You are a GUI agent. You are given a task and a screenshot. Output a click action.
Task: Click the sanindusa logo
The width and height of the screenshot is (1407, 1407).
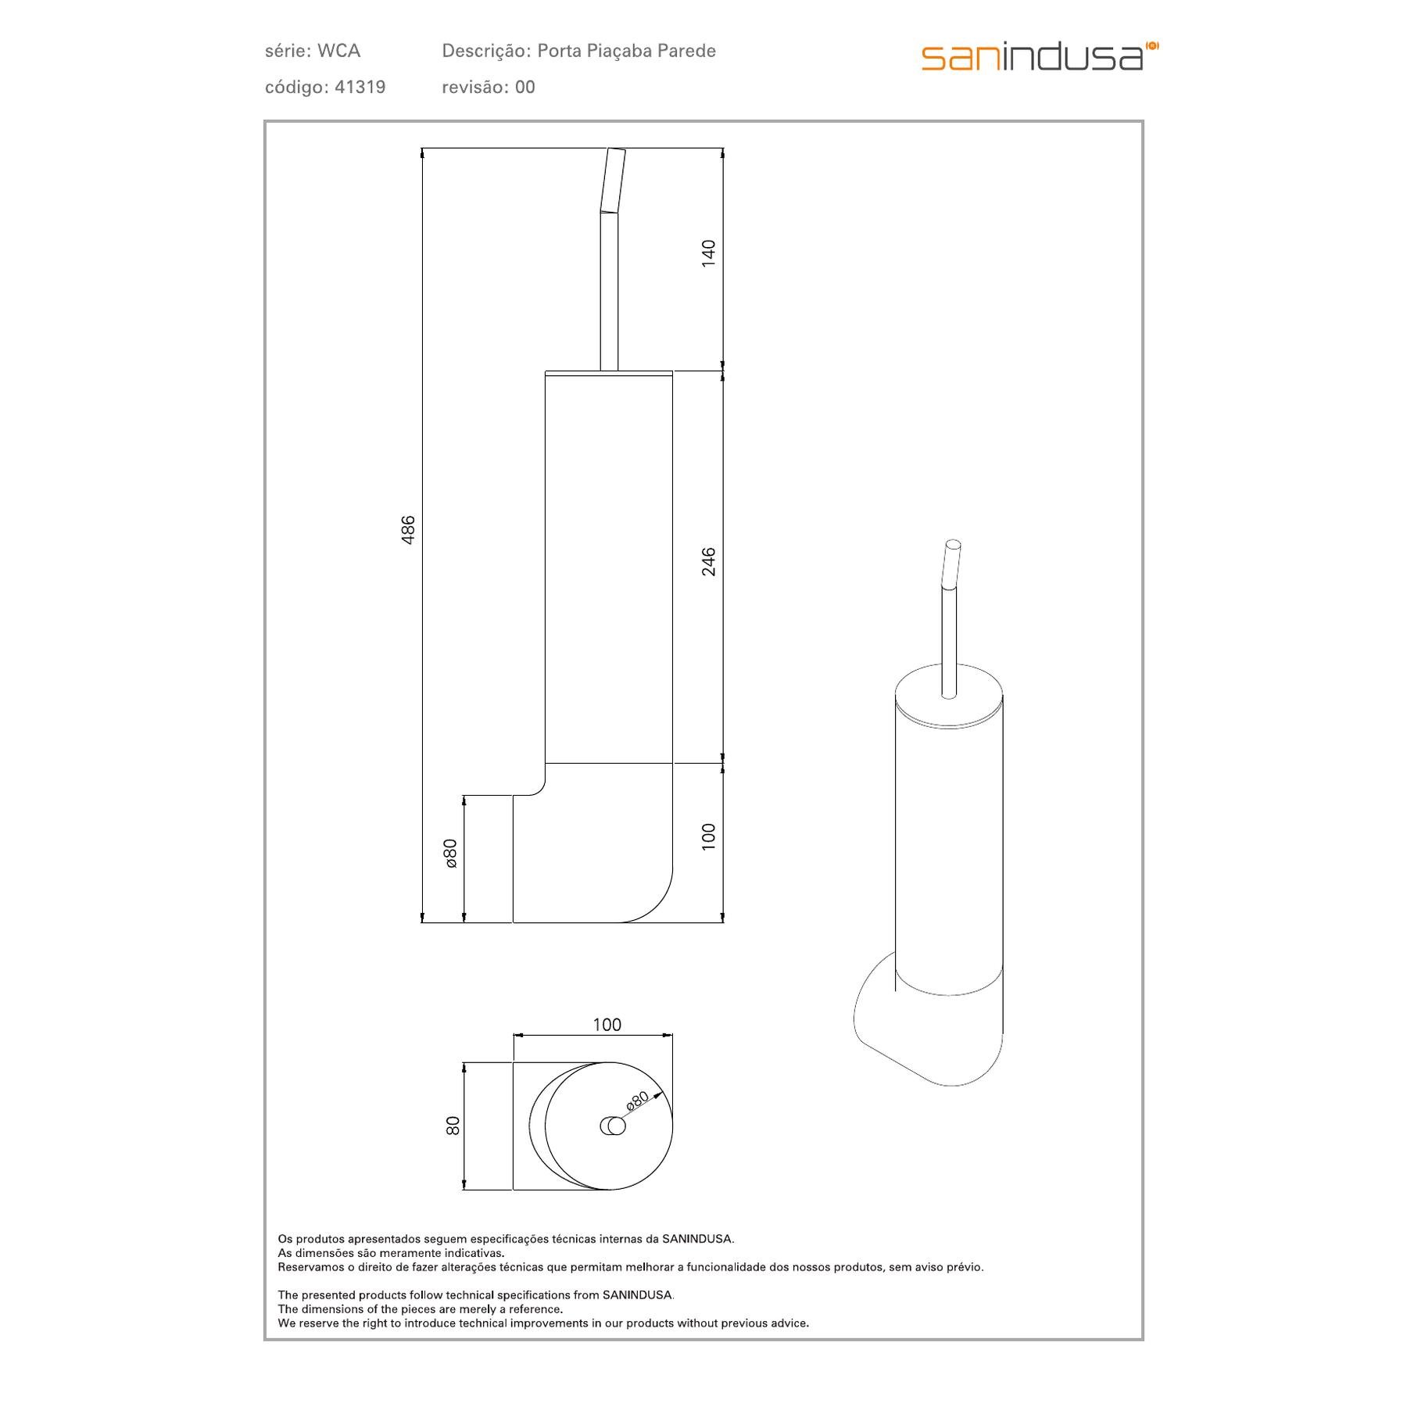pyautogui.click(x=1040, y=56)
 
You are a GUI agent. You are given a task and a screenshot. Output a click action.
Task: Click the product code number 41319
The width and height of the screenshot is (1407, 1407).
pyautogui.click(x=360, y=87)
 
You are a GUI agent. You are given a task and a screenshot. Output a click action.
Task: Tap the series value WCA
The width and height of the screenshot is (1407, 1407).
pyautogui.click(x=338, y=51)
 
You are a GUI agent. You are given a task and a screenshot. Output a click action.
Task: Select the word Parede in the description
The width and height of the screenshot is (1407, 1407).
pyautogui.click(x=686, y=51)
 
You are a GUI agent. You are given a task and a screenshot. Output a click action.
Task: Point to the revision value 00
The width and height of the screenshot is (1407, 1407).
pyautogui.click(x=524, y=87)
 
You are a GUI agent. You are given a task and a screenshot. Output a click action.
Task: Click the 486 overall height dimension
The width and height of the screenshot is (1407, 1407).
pyautogui.click(x=408, y=530)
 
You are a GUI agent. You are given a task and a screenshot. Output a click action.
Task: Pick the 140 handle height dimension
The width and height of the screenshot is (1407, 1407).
pyautogui.click(x=708, y=253)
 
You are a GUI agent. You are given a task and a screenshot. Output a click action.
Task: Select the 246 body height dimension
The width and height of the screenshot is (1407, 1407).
pyautogui.click(x=708, y=561)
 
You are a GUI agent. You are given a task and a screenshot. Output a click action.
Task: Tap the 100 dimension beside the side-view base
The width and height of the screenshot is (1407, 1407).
pyautogui.click(x=708, y=836)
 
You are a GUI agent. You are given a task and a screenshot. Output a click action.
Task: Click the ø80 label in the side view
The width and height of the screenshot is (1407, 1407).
pyautogui.click(x=450, y=854)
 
